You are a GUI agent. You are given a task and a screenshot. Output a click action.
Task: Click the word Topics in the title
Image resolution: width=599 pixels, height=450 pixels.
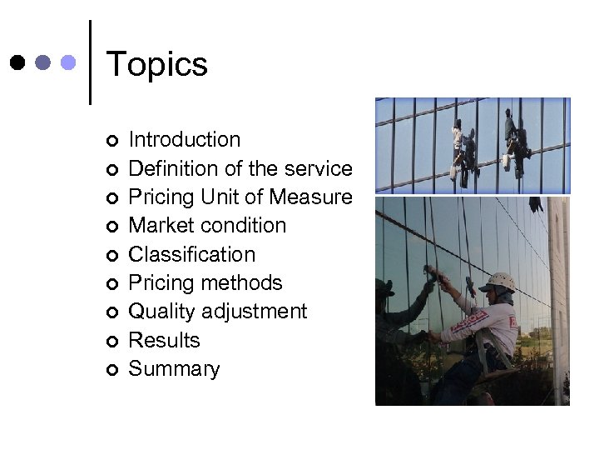tap(157, 64)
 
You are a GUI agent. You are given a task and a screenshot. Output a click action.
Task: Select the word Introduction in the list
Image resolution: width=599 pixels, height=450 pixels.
tap(185, 139)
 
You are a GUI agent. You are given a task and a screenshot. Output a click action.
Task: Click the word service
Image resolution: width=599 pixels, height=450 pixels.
tap(318, 168)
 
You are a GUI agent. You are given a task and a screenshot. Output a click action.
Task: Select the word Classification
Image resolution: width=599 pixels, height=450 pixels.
tap(191, 254)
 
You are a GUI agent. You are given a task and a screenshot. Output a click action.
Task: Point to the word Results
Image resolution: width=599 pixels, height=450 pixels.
tap(164, 340)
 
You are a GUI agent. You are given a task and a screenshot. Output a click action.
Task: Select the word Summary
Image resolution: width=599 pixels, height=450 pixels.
tap(174, 369)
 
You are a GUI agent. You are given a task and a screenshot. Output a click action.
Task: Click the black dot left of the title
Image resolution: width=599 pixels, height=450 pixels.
tap(17, 62)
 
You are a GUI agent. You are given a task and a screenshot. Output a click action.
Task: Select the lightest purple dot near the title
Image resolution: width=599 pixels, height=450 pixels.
tap(69, 62)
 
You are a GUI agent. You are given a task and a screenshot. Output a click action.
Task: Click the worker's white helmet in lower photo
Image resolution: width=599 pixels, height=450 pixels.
tap(502, 281)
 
